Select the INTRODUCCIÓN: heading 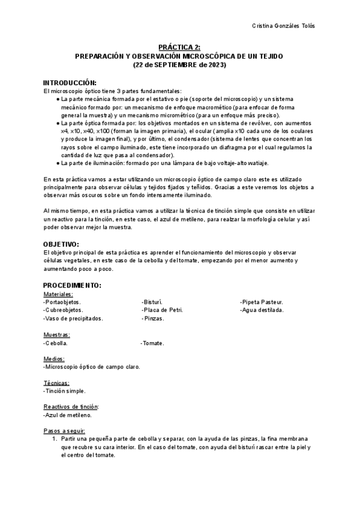[70, 82]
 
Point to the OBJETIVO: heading [61, 244]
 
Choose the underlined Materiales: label [58, 294]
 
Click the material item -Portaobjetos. [62, 302]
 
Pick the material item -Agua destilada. [262, 310]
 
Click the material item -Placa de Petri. [162, 310]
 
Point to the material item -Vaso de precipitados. [73, 319]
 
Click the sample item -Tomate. [152, 343]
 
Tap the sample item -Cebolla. [55, 343]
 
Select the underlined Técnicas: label [56, 382]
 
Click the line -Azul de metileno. [67, 415]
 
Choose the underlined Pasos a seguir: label [64, 430]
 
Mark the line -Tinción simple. [64, 391]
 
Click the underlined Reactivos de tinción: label [71, 406]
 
